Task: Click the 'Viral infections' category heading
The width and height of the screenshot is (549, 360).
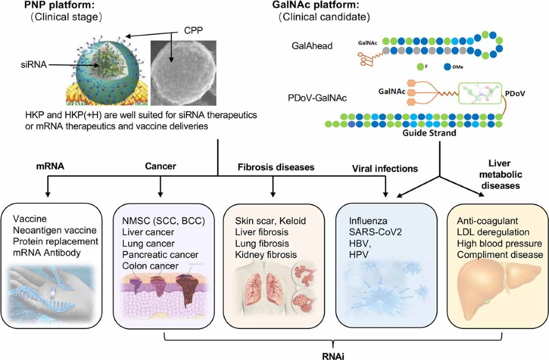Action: (384, 169)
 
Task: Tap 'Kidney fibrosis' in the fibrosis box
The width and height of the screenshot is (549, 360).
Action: (265, 254)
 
